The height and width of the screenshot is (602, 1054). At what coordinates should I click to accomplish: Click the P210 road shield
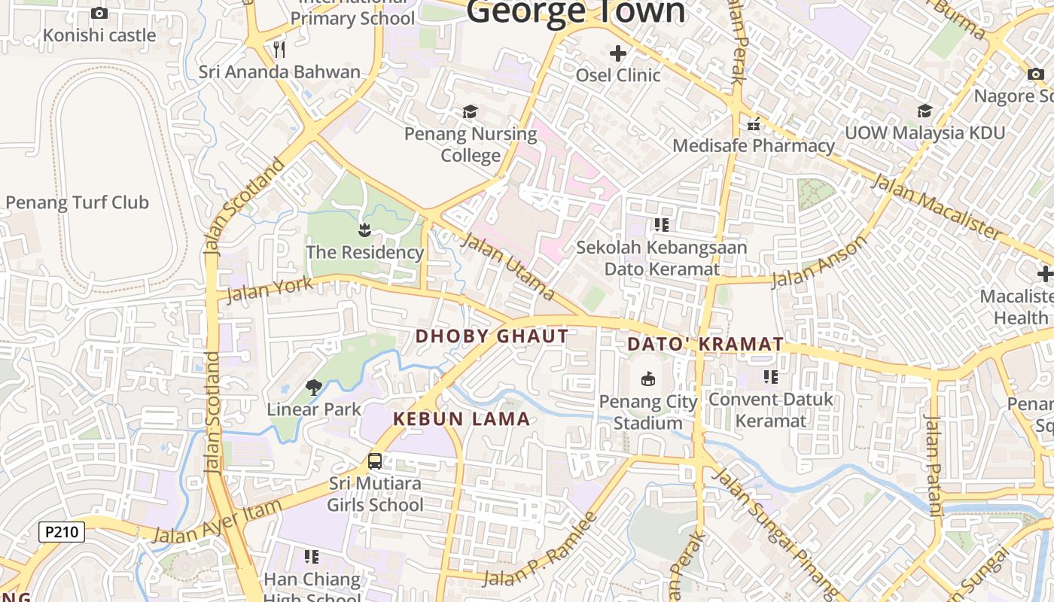[62, 533]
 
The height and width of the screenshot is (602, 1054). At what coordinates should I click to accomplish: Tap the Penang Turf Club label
[77, 202]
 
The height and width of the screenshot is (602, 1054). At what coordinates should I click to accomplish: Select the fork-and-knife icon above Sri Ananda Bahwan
[279, 50]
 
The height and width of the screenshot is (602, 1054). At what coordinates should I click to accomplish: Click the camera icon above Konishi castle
[99, 13]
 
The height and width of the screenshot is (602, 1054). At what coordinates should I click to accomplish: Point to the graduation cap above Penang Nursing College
[471, 112]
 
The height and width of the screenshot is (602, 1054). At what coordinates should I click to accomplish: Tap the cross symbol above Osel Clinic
[618, 53]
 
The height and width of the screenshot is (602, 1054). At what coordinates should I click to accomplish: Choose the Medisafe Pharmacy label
[754, 145]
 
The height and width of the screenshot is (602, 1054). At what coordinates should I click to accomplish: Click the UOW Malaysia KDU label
[925, 133]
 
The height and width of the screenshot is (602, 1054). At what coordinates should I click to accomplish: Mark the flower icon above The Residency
[365, 229]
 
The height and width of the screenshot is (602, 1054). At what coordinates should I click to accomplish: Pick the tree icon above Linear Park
[314, 388]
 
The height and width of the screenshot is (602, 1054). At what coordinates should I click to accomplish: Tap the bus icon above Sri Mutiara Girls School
[375, 461]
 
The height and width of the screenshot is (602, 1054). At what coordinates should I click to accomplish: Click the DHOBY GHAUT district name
[492, 336]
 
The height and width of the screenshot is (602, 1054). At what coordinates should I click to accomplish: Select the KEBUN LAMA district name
[462, 419]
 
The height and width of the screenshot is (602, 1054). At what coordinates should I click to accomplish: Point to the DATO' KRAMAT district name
[705, 344]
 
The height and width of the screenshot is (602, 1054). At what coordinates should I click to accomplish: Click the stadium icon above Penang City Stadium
[648, 379]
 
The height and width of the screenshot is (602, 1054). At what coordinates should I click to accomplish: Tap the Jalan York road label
[269, 289]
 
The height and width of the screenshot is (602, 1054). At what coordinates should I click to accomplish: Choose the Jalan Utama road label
[508, 266]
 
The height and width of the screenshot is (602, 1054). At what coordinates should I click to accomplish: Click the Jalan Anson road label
[820, 263]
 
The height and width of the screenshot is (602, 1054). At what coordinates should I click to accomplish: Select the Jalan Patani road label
[933, 466]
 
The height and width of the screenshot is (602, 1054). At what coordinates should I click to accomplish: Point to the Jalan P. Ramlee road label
[541, 552]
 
